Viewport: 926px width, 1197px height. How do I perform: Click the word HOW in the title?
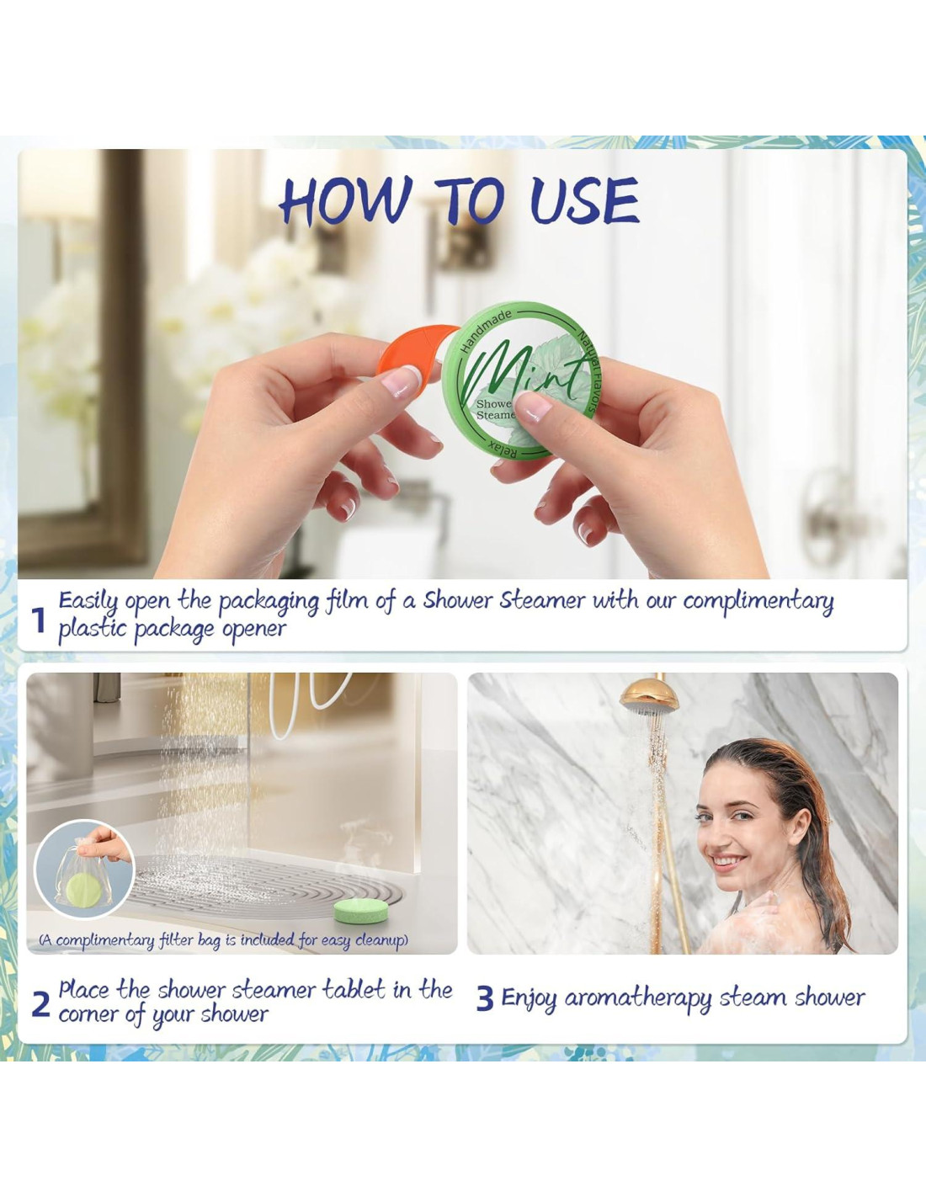pyautogui.click(x=346, y=200)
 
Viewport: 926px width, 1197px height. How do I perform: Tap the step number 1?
pyautogui.click(x=38, y=621)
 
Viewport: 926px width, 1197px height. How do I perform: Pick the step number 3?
pyautogui.click(x=485, y=999)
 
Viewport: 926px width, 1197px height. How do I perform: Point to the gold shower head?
pyautogui.click(x=647, y=696)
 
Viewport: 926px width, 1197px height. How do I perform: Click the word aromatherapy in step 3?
pyautogui.click(x=638, y=999)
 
